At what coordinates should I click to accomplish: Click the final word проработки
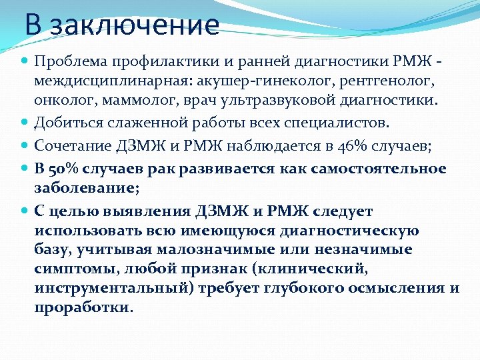83,307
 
